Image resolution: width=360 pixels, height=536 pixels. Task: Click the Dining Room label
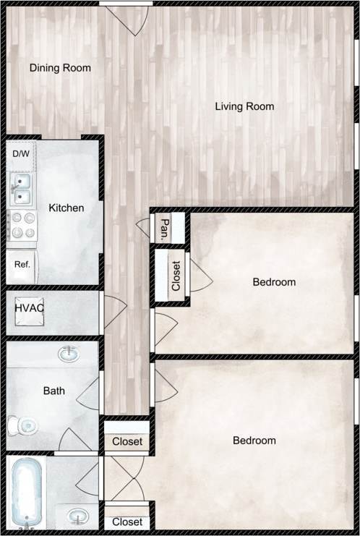(x=60, y=68)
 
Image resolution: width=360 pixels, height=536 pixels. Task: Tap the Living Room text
(x=244, y=106)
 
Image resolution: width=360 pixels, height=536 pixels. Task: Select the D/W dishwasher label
(x=20, y=154)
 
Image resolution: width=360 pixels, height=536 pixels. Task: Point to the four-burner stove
(x=21, y=224)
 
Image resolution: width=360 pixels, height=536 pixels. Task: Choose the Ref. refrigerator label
(x=22, y=264)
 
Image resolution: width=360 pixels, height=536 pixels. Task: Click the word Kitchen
(x=66, y=208)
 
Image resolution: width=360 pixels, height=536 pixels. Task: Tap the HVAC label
(x=30, y=308)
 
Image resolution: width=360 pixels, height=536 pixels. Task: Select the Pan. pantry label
(x=165, y=229)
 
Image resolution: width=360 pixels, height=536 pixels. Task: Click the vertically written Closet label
(x=176, y=276)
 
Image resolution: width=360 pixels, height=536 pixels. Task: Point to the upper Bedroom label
(x=274, y=281)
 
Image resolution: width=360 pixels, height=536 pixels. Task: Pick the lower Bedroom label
(x=254, y=440)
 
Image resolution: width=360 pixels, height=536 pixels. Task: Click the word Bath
(x=53, y=391)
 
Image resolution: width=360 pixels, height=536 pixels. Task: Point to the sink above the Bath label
(x=69, y=354)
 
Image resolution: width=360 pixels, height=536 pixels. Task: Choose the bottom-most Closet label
(x=127, y=522)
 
